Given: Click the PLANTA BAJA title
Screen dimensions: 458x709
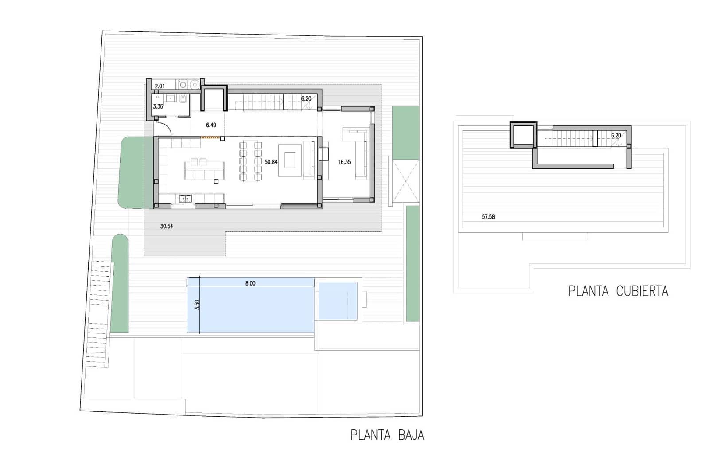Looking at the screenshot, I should pos(387,435).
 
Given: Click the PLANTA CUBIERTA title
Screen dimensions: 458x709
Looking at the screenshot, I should pos(618,291).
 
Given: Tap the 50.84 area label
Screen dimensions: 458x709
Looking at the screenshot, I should pos(271,162).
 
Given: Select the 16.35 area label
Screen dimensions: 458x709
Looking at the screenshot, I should pos(344,162).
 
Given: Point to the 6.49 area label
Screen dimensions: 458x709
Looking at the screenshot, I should pos(211,125).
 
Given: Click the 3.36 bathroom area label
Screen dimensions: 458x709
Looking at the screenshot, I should pos(158,106).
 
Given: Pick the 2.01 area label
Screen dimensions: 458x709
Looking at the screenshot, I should pos(160,86).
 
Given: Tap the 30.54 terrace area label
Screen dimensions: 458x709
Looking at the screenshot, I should pos(167,227).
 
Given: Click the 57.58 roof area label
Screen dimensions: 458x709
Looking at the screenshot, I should pos(488,217).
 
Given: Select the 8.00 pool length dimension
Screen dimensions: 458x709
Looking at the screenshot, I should pos(250,283).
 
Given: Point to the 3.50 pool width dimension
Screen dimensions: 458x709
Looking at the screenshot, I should pos(197,305).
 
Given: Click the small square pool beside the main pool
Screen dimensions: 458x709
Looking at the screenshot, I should pos(338,301).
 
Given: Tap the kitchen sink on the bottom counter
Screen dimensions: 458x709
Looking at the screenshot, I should pos(185,199).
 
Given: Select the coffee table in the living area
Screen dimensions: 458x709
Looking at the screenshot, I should pos(290,160).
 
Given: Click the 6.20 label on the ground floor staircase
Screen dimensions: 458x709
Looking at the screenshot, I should pos(306,98).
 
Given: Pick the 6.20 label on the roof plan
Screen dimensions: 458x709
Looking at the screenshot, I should pos(616,136).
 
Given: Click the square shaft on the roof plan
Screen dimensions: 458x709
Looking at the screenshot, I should pos(523,135).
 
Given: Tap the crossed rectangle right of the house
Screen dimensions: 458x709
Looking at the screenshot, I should pos(405,182).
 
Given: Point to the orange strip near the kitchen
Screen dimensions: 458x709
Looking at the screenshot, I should pos(210,137).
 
